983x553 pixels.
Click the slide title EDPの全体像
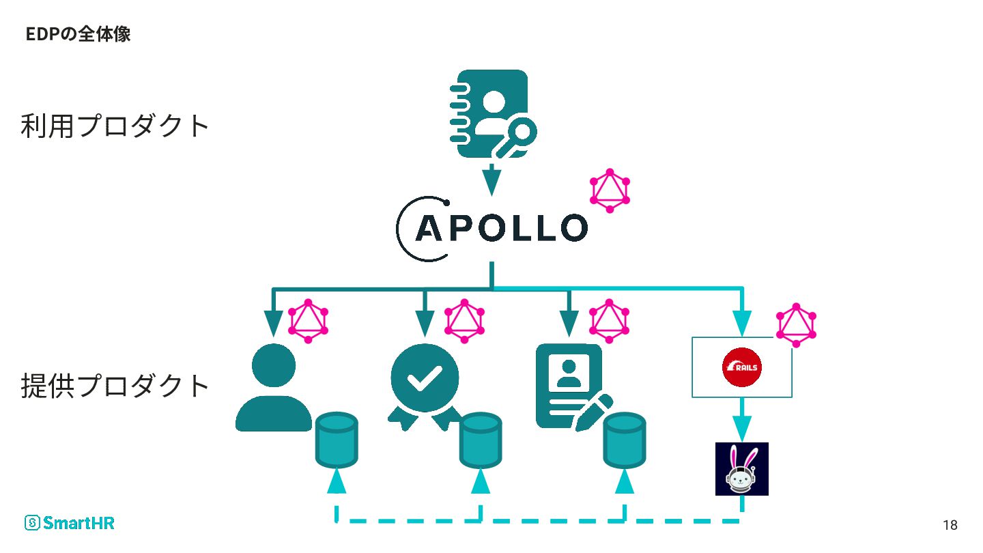pyautogui.click(x=78, y=34)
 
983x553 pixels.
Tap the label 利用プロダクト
pyautogui.click(x=115, y=126)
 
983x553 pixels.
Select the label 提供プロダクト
pyautogui.click(x=115, y=386)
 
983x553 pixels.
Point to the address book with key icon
pyautogui.click(x=492, y=114)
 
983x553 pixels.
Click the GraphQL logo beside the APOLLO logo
pyautogui.click(x=610, y=191)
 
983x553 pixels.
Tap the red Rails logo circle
pyautogui.click(x=741, y=367)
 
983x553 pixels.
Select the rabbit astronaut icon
pyautogui.click(x=741, y=469)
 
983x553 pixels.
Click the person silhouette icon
pyautogui.click(x=274, y=388)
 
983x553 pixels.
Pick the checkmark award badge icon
pyautogui.click(x=424, y=387)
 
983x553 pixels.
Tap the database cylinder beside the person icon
pyautogui.click(x=337, y=440)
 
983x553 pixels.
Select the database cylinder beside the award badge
pyautogui.click(x=481, y=440)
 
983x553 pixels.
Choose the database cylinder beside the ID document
pyautogui.click(x=625, y=440)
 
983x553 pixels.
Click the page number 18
pyautogui.click(x=950, y=525)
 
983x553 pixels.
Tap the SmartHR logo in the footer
pyautogui.click(x=70, y=523)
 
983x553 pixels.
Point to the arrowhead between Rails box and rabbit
pyautogui.click(x=742, y=429)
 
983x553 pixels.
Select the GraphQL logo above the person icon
pyautogui.click(x=308, y=322)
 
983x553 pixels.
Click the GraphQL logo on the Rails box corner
pyautogui.click(x=796, y=325)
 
